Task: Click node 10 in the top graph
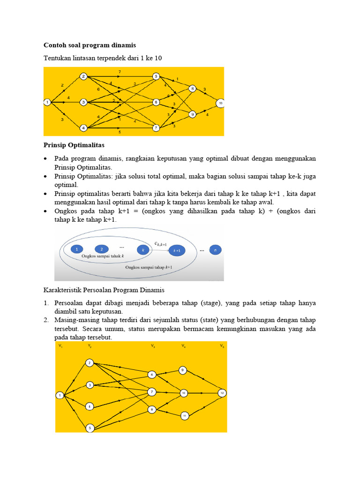coord(220,103)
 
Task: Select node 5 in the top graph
coord(156,76)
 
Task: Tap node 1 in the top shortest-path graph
coord(47,102)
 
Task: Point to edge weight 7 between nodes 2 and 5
coord(120,72)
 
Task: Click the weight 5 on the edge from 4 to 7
coord(120,132)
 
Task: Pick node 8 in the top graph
coord(192,88)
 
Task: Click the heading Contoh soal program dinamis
coord(90,45)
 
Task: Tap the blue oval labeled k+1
coord(177,250)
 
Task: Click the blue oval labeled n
coord(215,250)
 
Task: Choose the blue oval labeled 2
coord(101,250)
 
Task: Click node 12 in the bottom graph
coord(222,393)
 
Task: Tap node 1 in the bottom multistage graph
coord(60,396)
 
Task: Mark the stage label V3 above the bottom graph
coord(153,346)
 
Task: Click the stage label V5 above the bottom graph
coord(222,346)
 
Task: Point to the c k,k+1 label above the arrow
coord(161,243)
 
